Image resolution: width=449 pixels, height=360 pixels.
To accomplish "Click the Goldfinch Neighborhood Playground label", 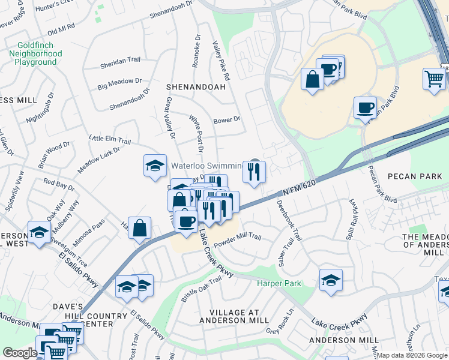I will pyautogui.click(x=35, y=53).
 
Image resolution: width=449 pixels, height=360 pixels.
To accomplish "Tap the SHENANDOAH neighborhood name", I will pyautogui.click(x=196, y=87).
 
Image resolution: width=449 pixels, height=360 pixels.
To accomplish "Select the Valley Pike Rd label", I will pyautogui.click(x=221, y=61).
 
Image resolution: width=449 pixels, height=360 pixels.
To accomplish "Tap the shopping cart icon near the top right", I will pyautogui.click(x=434, y=79).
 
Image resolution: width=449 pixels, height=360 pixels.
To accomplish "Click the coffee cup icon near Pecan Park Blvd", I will pyautogui.click(x=364, y=109).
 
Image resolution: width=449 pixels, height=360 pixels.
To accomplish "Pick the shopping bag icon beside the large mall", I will pyautogui.click(x=313, y=80).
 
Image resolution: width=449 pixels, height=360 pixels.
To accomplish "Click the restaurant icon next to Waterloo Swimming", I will pyautogui.click(x=254, y=172).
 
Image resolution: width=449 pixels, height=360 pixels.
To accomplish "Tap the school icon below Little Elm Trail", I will pyautogui.click(x=155, y=166).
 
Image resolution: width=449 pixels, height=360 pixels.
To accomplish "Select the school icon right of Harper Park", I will pyautogui.click(x=331, y=280).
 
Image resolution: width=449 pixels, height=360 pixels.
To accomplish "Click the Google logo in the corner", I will pyautogui.click(x=19, y=353).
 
